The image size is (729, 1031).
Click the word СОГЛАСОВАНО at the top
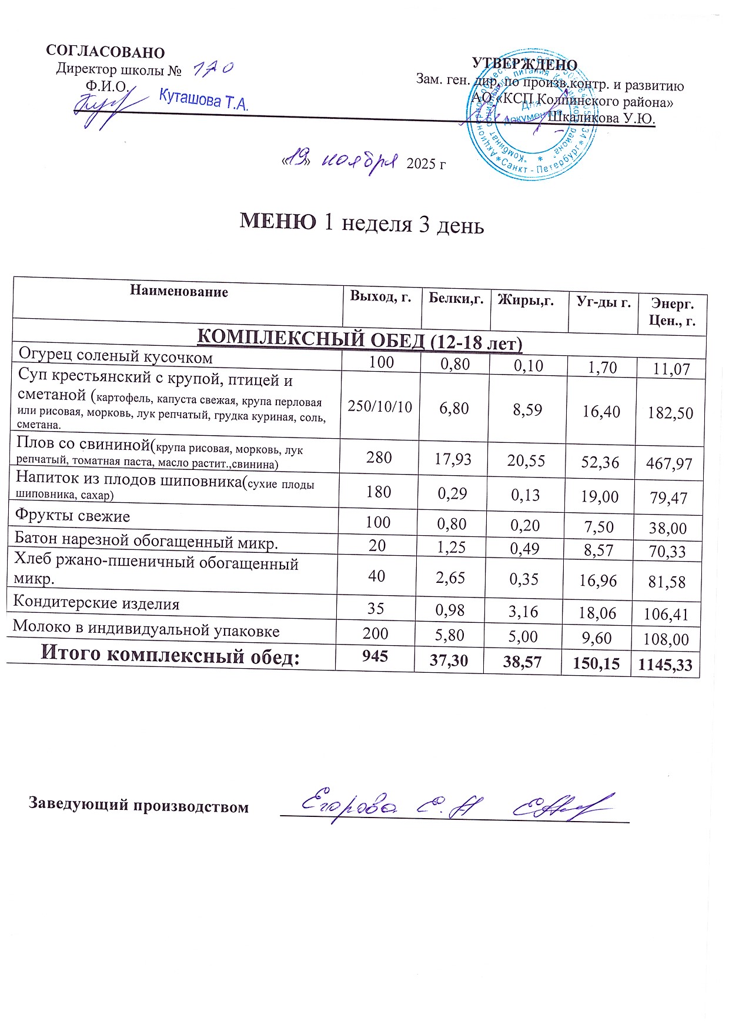(x=105, y=52)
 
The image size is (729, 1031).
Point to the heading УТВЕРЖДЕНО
(x=524, y=65)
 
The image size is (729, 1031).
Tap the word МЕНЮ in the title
(x=278, y=222)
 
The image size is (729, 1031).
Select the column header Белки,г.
(x=456, y=298)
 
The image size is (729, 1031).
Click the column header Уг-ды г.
(x=603, y=302)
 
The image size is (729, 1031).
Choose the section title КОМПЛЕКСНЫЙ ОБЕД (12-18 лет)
(x=359, y=341)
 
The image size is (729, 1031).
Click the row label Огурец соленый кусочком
(x=116, y=356)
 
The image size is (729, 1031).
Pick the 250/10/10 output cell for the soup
(x=380, y=406)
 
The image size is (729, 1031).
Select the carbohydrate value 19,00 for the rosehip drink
(x=600, y=497)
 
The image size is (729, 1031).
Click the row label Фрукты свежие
(x=72, y=516)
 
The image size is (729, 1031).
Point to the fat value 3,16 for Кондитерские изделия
(x=524, y=612)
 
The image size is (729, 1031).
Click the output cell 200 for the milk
(x=376, y=633)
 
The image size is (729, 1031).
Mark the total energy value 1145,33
(x=665, y=665)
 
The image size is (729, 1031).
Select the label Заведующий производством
(x=139, y=805)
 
